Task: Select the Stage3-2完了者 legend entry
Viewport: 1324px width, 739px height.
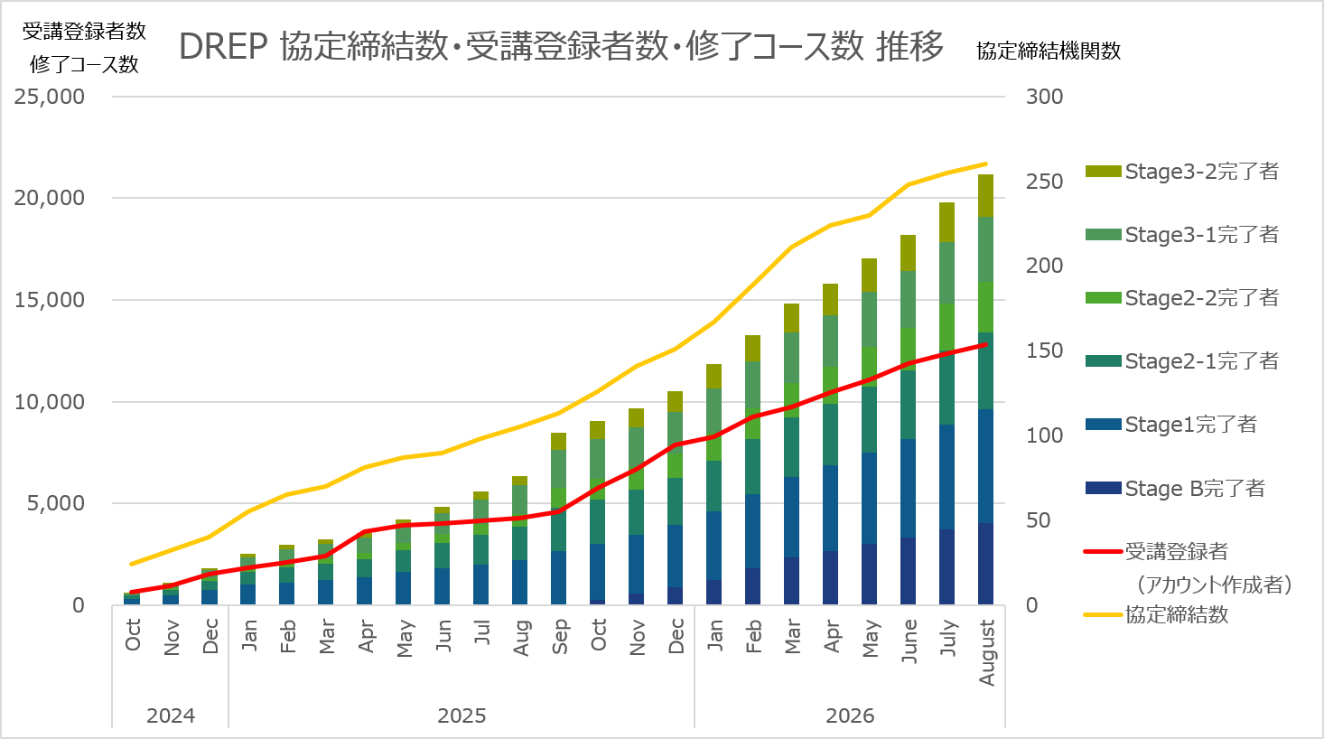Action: tap(1182, 172)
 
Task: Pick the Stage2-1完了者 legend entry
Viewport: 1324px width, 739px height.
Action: tap(1182, 361)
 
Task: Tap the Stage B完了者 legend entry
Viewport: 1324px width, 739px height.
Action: tap(1175, 489)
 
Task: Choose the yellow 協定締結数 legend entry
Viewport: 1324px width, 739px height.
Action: tap(1156, 615)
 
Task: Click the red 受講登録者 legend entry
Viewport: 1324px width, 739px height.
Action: tap(1188, 567)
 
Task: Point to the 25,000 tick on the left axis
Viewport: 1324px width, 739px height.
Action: tap(50, 97)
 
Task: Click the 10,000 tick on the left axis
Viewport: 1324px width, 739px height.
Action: tap(50, 402)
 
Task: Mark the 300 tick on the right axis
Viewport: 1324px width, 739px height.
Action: tap(1044, 97)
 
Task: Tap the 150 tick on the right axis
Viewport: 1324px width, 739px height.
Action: tap(1044, 351)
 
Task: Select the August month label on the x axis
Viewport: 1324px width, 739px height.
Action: tap(986, 652)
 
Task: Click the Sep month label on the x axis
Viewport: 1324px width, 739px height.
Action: tap(560, 637)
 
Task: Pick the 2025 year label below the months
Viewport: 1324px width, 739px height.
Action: tap(462, 716)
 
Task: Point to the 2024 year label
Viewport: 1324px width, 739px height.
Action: tap(171, 716)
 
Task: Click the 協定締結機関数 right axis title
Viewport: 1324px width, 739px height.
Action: tap(1049, 51)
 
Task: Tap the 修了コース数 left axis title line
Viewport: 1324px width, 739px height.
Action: tap(84, 64)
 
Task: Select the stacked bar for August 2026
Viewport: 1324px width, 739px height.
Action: tap(985, 389)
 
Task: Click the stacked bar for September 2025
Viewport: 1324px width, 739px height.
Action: tap(558, 519)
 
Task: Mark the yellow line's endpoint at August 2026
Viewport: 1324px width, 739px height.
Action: tap(985, 164)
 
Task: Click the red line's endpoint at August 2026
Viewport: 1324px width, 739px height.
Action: tap(985, 345)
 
